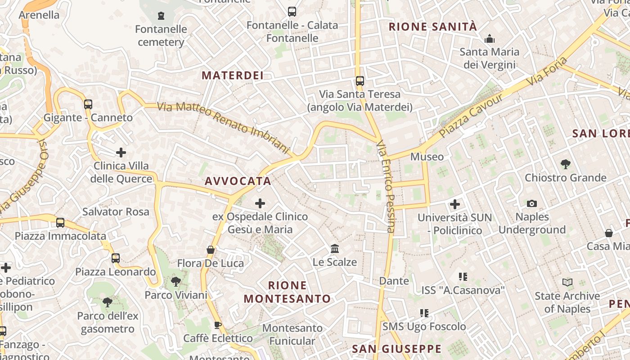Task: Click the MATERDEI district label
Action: click(232, 76)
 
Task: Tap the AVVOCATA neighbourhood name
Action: click(238, 181)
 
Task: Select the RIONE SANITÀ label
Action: click(432, 27)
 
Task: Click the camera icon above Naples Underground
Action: click(532, 204)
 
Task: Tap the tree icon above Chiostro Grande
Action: click(566, 164)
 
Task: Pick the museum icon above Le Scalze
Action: click(335, 249)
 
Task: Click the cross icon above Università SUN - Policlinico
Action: click(455, 204)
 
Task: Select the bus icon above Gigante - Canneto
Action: click(88, 104)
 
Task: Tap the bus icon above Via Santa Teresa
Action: click(360, 81)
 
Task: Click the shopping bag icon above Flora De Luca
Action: click(210, 250)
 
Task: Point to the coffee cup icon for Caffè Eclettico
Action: click(218, 325)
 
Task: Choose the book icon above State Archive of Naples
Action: click(567, 283)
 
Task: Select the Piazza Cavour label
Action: click(471, 116)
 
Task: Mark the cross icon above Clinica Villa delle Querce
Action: click(121, 153)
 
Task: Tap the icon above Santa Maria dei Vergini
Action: click(490, 39)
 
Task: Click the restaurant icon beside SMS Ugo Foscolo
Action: click(424, 313)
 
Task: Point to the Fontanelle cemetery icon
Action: click(161, 16)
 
